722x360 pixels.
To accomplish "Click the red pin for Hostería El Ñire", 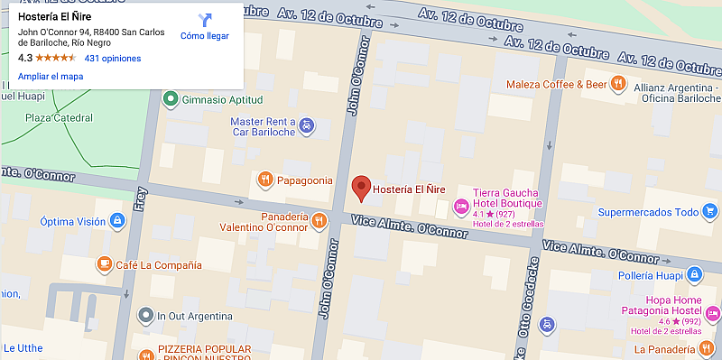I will point(361,188).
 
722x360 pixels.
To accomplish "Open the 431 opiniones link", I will point(113,58).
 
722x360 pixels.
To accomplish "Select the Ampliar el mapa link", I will point(51,77).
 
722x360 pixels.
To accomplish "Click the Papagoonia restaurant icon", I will point(264,179).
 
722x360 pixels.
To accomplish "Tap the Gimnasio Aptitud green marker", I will point(171,99).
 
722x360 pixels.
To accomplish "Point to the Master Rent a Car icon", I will point(307,125).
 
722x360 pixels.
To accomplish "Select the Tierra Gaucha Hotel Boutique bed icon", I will point(461,207).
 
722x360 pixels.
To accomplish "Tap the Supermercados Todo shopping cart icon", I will point(710,213).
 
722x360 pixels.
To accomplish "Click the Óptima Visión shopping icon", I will point(116,221).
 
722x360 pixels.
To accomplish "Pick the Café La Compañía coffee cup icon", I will point(103,264).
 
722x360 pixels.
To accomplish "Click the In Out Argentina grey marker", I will point(144,316).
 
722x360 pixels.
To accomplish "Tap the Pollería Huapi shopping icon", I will point(692,274).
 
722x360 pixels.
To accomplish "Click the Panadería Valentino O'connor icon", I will point(319,220).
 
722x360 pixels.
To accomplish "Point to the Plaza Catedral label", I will point(59,118).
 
